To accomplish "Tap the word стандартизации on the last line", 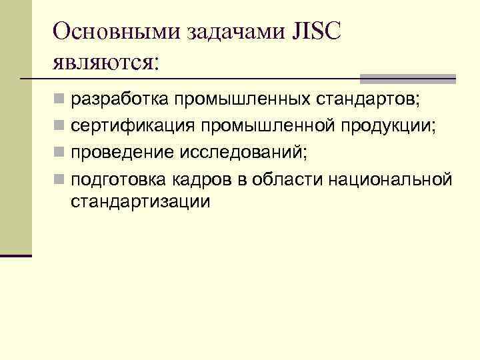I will tap(140, 201).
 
